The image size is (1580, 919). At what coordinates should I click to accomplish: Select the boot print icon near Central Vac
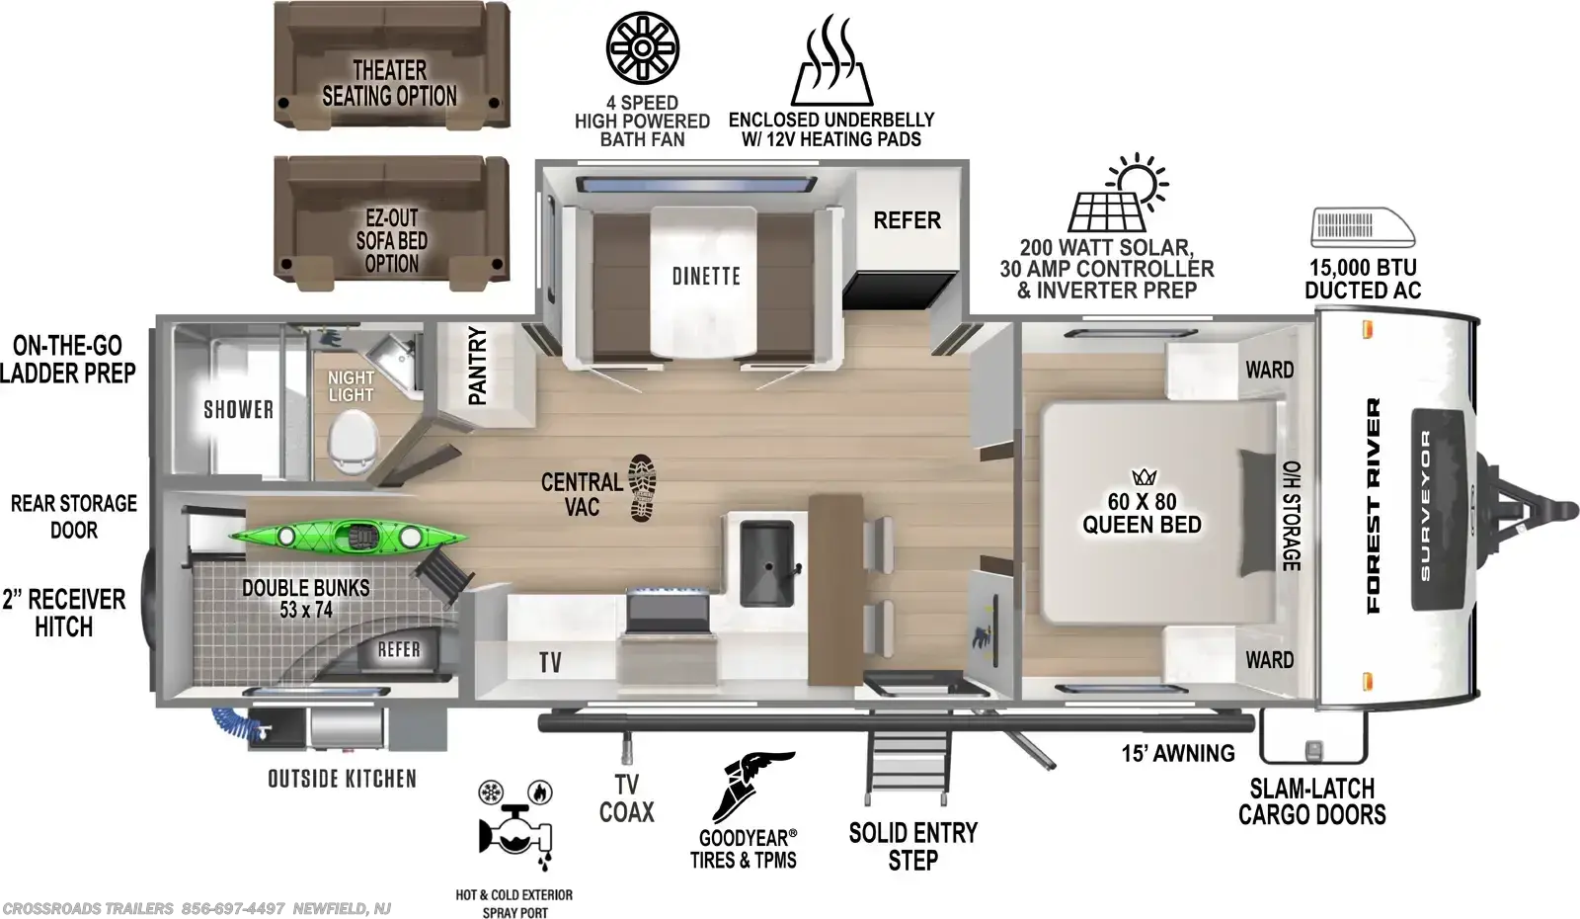(642, 488)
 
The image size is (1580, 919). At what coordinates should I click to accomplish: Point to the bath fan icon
(642, 47)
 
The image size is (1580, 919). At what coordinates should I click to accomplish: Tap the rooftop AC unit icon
(1363, 227)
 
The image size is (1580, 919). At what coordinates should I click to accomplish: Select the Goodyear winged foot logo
(751, 787)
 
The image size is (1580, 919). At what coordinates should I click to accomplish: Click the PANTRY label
(478, 366)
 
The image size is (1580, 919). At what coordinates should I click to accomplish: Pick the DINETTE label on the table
(706, 276)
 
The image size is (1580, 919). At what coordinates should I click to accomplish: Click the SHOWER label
(238, 409)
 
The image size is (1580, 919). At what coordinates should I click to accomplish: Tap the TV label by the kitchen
(550, 662)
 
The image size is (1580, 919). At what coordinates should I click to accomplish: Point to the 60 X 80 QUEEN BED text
(1142, 513)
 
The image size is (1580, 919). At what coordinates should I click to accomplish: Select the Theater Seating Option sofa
(391, 65)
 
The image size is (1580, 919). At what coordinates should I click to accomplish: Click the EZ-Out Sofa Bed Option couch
(391, 223)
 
